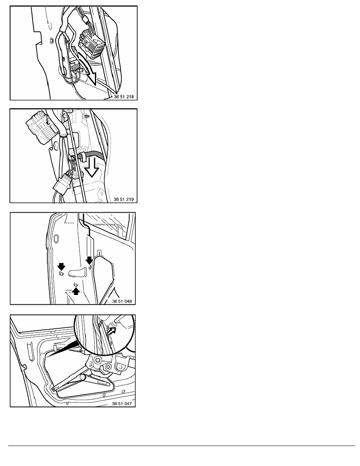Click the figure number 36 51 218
pos(124,96)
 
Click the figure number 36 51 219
pos(124,199)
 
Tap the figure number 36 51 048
pos(122,301)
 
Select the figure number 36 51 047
pos(122,404)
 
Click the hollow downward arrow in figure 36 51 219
pos(92,167)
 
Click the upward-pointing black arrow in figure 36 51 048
pos(76,290)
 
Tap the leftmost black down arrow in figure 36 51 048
pos(62,267)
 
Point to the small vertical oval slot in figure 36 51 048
pos(56,239)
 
